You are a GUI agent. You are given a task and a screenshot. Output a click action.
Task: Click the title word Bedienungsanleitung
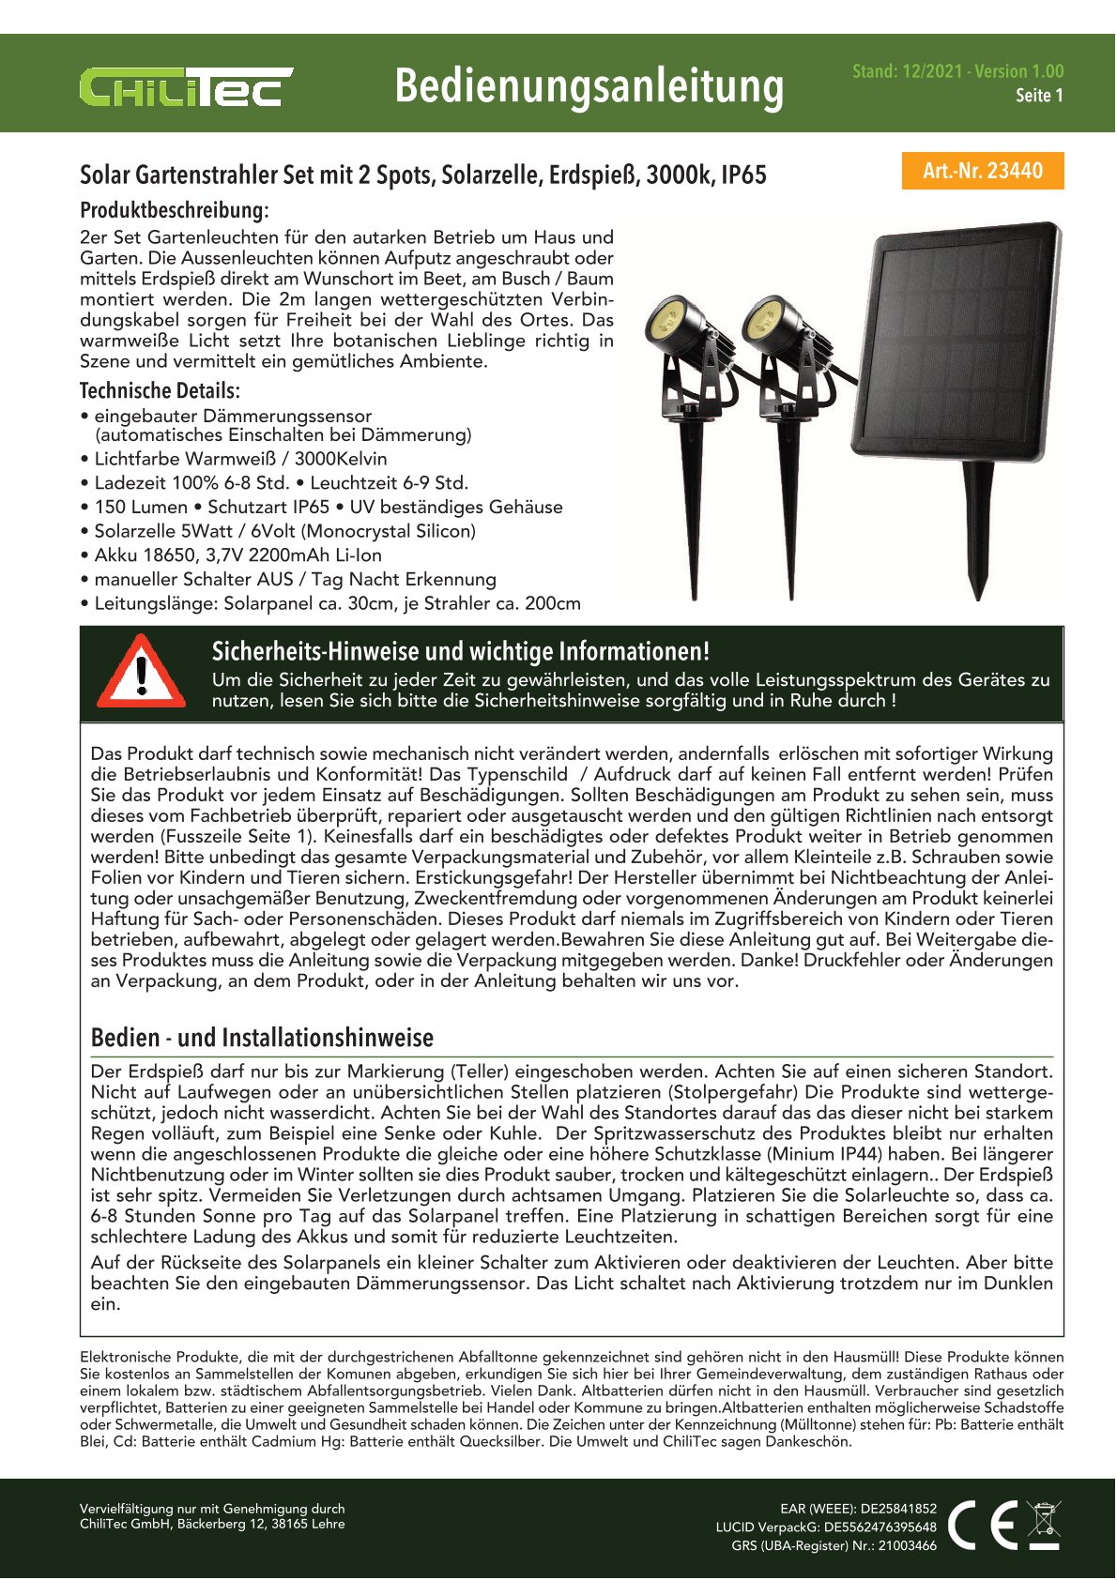pyautogui.click(x=589, y=86)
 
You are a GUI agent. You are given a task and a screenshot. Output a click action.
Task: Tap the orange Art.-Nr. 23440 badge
pyautogui.click(x=983, y=171)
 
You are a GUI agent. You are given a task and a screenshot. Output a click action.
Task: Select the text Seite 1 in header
pyautogui.click(x=1039, y=96)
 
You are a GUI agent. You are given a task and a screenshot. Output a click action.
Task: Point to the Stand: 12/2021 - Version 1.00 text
pyautogui.click(x=957, y=71)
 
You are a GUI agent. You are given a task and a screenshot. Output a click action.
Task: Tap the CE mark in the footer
pyautogui.click(x=983, y=1525)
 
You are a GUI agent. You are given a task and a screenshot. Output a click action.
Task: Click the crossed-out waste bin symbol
pyautogui.click(x=1044, y=1525)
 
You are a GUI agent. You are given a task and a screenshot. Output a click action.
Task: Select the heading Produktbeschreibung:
pyautogui.click(x=175, y=210)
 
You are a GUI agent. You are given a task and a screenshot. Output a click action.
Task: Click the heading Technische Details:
pyautogui.click(x=160, y=390)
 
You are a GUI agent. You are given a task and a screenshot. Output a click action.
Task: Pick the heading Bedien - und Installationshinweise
pyautogui.click(x=262, y=1038)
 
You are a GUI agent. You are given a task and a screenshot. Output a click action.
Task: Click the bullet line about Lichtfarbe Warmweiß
pyautogui.click(x=240, y=459)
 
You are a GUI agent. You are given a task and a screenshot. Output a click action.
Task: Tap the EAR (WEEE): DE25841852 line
pyautogui.click(x=858, y=1509)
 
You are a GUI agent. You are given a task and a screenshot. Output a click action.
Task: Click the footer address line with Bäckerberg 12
pyautogui.click(x=212, y=1524)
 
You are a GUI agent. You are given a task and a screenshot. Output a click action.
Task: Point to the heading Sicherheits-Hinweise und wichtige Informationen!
pyautogui.click(x=460, y=651)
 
